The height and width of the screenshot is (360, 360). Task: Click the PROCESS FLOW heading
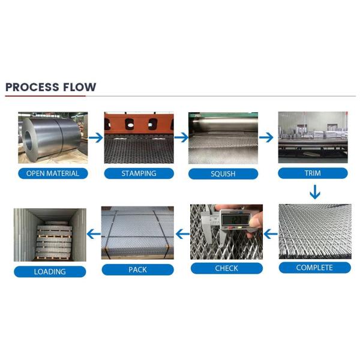pos(51,87)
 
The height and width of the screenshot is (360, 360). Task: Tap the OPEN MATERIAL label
pos(53,174)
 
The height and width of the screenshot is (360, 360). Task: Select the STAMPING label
pos(139,174)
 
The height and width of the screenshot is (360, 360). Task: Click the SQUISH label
pos(224,175)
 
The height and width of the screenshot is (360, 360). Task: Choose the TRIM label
pos(313,173)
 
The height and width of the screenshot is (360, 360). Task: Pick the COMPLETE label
pos(314,268)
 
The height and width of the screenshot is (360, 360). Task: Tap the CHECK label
pos(226,268)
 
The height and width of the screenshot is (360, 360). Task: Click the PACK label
pos(137,269)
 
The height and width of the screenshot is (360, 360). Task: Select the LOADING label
pos(50,271)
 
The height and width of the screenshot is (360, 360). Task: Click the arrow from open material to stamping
pos(95,137)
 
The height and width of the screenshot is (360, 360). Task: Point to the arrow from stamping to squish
pos(181,137)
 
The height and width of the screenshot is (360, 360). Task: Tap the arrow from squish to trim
pos(267,137)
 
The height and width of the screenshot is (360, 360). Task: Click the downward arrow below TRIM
pos(314,193)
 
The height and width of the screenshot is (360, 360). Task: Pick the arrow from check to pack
pos(182,233)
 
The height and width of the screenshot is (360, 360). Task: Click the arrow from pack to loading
pos(94,233)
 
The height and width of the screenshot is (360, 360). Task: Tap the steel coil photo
pos(53,138)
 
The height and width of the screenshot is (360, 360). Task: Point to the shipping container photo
pos(50,235)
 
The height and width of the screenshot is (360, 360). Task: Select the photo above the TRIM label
pos(313,137)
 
